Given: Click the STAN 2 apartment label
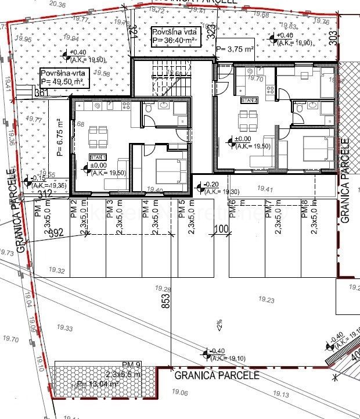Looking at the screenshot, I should click(249, 100).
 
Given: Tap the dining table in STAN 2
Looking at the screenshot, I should click(247, 119).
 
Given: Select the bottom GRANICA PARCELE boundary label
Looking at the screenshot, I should click(215, 375).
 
